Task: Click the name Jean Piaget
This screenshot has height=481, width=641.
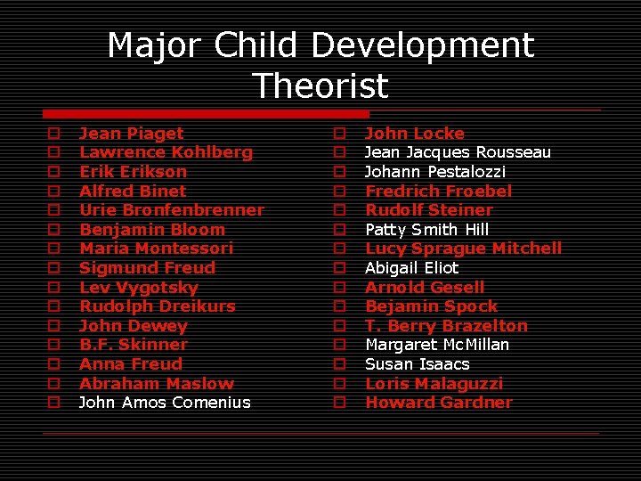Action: pyautogui.click(x=131, y=134)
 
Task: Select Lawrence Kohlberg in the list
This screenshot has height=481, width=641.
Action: pyautogui.click(x=166, y=152)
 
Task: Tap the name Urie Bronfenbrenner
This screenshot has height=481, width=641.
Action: pyautogui.click(x=172, y=210)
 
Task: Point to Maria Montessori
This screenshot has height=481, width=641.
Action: pyautogui.click(x=156, y=249)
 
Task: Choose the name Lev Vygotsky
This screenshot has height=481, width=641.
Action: pyautogui.click(x=138, y=288)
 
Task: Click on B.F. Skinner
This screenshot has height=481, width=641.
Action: pyautogui.click(x=133, y=345)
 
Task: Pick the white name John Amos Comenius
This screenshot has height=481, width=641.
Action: pyautogui.click(x=165, y=403)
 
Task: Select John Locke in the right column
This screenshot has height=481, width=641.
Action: pyautogui.click(x=414, y=134)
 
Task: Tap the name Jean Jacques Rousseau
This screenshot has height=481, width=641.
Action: pyautogui.click(x=458, y=152)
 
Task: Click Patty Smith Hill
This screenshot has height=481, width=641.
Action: pyautogui.click(x=427, y=230)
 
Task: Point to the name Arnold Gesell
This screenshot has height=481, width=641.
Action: pyautogui.click(x=425, y=288)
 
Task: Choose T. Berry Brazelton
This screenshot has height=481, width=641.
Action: pyautogui.click(x=446, y=326)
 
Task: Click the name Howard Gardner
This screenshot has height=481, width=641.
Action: pyautogui.click(x=439, y=403)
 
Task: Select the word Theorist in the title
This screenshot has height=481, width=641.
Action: pyautogui.click(x=320, y=86)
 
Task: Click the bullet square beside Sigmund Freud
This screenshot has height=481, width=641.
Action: pyautogui.click(x=53, y=268)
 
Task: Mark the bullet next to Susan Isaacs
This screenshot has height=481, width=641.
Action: pyautogui.click(x=339, y=364)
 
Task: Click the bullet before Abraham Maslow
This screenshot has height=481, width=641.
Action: pyautogui.click(x=53, y=384)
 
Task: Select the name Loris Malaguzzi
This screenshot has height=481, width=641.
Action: pyautogui.click(x=434, y=384)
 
